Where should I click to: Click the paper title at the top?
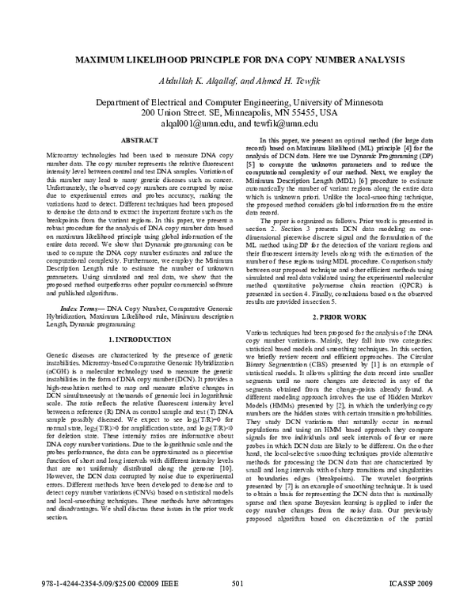pos(237,61)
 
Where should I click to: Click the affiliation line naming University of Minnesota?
pos(237,103)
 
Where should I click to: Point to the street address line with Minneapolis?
pos(237,114)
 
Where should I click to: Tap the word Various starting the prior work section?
pos(260,312)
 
